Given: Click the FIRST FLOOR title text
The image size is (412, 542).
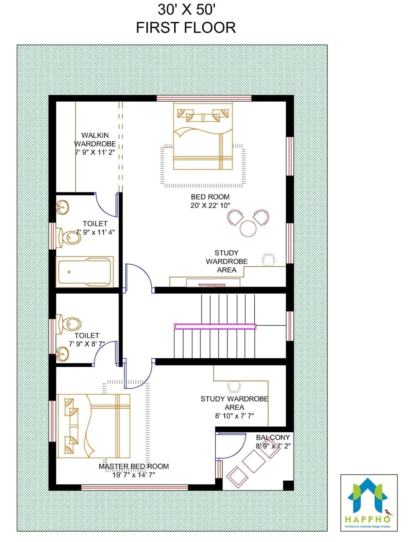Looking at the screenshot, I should (186, 27).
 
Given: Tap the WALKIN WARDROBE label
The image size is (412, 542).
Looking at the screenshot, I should (95, 140).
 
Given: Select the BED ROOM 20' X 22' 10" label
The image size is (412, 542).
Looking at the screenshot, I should (210, 201).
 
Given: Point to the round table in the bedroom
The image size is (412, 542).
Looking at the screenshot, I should (248, 228).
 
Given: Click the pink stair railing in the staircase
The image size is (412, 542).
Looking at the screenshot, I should (215, 326).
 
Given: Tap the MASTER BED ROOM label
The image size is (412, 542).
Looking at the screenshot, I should (134, 466).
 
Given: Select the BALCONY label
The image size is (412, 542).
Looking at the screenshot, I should (273, 437).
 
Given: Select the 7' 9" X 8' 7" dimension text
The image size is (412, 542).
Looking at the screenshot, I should (87, 344).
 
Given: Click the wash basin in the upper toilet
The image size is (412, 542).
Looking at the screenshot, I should (62, 207).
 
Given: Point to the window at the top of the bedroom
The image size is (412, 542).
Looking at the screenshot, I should (204, 98).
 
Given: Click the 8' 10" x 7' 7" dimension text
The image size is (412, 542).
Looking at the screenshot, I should (234, 416).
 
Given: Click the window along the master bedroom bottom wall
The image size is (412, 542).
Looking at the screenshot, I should (135, 487).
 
